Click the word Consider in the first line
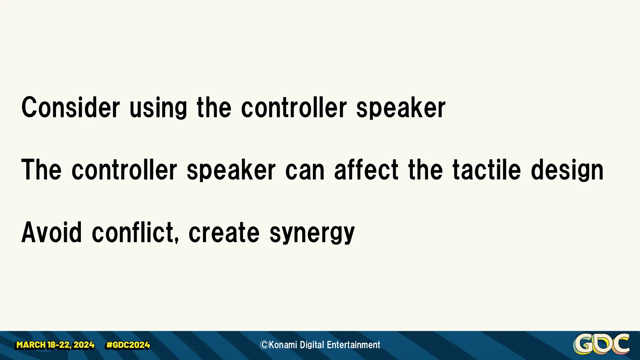(x=70, y=107)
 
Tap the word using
(x=158, y=108)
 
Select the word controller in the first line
(x=294, y=107)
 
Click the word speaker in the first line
(x=401, y=108)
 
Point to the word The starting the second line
(x=41, y=170)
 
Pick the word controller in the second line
(x=124, y=170)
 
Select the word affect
(x=366, y=170)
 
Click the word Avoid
(x=52, y=232)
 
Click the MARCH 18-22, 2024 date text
(x=55, y=345)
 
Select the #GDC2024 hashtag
(x=128, y=345)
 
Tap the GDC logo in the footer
(x=601, y=344)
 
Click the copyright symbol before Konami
(x=264, y=345)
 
